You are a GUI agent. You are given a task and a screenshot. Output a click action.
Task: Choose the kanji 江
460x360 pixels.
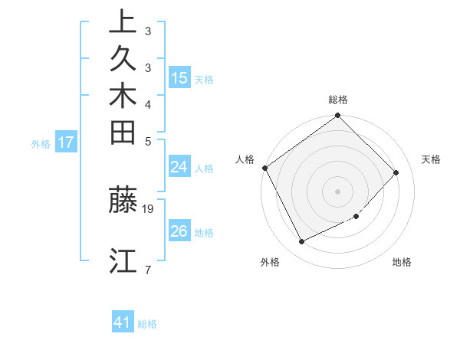pos(123,260)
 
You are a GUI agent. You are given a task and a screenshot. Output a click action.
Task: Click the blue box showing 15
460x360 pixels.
pos(179,78)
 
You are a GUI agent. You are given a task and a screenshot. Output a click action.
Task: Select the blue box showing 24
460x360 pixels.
pos(179,168)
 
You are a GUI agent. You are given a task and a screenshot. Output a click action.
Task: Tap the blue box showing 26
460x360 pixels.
pos(179,231)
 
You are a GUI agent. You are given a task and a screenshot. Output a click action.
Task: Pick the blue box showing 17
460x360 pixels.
pos(66,142)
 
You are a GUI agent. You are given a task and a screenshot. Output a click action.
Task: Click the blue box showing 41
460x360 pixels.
pos(123,323)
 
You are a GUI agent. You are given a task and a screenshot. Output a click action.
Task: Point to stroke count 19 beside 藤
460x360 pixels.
pos(149,208)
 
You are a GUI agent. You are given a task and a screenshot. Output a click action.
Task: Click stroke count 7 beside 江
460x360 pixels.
pos(147,269)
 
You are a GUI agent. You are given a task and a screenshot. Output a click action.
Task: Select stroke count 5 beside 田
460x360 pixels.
pos(147,141)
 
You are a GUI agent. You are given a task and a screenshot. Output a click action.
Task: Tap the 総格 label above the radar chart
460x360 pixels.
pos(338,100)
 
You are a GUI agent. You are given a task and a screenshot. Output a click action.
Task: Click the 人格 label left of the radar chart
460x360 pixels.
pos(245,159)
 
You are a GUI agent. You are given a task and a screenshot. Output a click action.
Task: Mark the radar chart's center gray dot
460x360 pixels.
pos(338,191)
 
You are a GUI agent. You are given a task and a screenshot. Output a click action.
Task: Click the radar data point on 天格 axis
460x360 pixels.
pos(396,172)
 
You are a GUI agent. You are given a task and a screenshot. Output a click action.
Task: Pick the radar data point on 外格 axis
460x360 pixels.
pos(302,242)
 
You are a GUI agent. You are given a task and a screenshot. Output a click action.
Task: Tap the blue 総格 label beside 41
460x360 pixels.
pos(148,324)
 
